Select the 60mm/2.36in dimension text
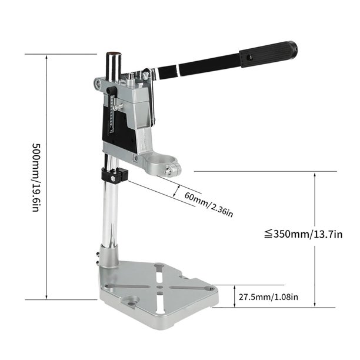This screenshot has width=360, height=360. (x=209, y=204)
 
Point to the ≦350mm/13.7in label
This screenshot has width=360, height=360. (x=303, y=234)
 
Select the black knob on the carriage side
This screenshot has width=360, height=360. (x=112, y=91)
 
